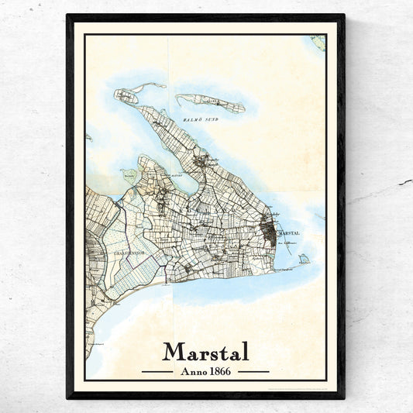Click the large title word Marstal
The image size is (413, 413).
click(x=206, y=351)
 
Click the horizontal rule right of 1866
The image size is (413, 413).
click(x=253, y=372)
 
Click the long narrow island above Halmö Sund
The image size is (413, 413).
click(x=210, y=102)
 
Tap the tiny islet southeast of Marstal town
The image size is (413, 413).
click(x=305, y=259)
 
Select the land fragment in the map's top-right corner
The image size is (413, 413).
click(x=318, y=42)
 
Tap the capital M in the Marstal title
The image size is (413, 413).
click(x=174, y=351)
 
